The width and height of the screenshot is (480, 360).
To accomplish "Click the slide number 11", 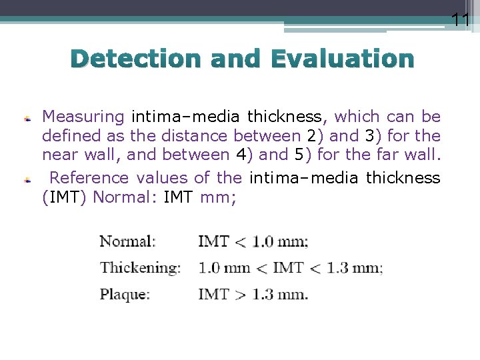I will (461, 20).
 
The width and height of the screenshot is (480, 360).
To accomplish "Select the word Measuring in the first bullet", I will (83, 117).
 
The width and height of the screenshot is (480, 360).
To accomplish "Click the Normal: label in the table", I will (127, 241).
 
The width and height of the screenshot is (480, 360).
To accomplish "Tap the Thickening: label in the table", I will (140, 268).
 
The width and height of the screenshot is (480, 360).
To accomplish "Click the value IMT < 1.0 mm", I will (253, 241).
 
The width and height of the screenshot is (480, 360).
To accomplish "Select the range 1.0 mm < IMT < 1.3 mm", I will (290, 268).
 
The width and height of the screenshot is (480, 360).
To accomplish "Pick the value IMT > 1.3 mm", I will (253, 294).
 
